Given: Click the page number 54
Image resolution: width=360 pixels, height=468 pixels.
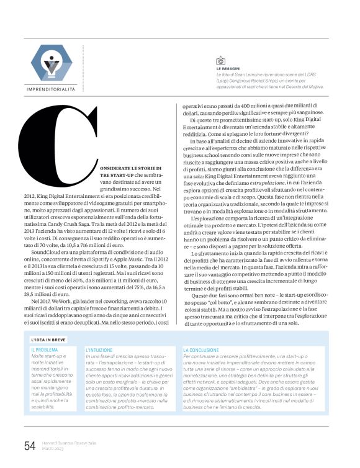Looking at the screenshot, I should [x=29, y=445].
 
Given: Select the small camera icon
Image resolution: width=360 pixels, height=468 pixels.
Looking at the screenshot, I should [x=220, y=61].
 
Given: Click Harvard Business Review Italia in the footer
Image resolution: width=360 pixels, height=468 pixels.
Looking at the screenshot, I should [x=70, y=442].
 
